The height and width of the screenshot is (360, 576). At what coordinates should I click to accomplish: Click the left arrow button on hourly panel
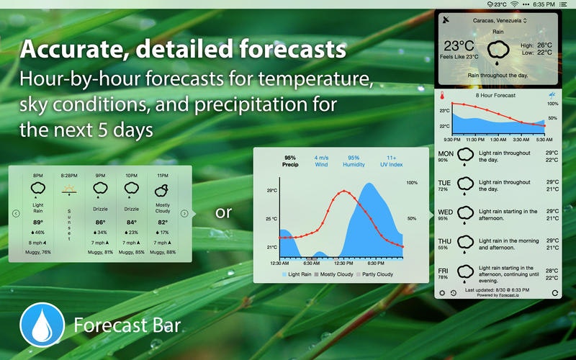(x=16, y=213)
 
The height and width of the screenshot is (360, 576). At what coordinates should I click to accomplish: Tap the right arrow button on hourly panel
(x=184, y=213)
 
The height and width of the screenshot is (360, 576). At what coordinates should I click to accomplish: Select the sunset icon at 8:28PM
(x=69, y=191)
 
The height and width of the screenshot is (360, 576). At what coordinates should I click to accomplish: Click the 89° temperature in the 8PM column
(x=38, y=223)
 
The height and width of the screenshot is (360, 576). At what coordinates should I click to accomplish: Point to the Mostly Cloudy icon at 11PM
(x=162, y=189)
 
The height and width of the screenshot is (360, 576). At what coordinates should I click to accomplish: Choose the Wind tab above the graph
(x=321, y=161)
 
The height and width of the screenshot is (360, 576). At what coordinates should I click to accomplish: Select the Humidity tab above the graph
(x=354, y=161)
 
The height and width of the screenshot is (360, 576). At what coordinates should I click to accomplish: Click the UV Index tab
(x=392, y=161)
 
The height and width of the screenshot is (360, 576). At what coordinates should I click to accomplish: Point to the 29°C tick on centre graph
(x=271, y=191)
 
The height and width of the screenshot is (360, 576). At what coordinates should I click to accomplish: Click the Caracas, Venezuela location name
(x=498, y=21)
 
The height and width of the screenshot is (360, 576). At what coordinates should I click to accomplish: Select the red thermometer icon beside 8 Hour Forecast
(x=442, y=95)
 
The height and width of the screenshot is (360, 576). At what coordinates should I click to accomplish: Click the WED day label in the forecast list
(x=446, y=212)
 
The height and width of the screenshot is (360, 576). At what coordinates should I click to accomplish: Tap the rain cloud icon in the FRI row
(x=467, y=273)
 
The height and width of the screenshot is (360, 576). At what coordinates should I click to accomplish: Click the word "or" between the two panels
(x=224, y=212)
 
